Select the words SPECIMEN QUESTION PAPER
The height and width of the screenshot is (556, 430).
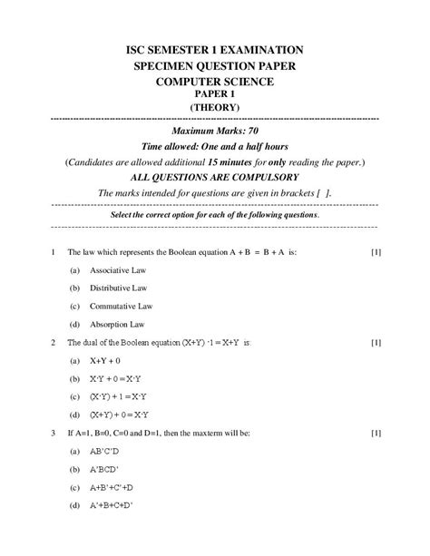click(x=214, y=67)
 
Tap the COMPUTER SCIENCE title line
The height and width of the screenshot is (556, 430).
click(x=214, y=83)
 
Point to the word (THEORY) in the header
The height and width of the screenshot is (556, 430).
click(x=214, y=107)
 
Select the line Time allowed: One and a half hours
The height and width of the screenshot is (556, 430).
click(x=214, y=147)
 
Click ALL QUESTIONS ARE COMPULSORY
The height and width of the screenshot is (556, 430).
click(x=214, y=178)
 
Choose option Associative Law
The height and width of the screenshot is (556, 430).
click(x=118, y=271)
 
